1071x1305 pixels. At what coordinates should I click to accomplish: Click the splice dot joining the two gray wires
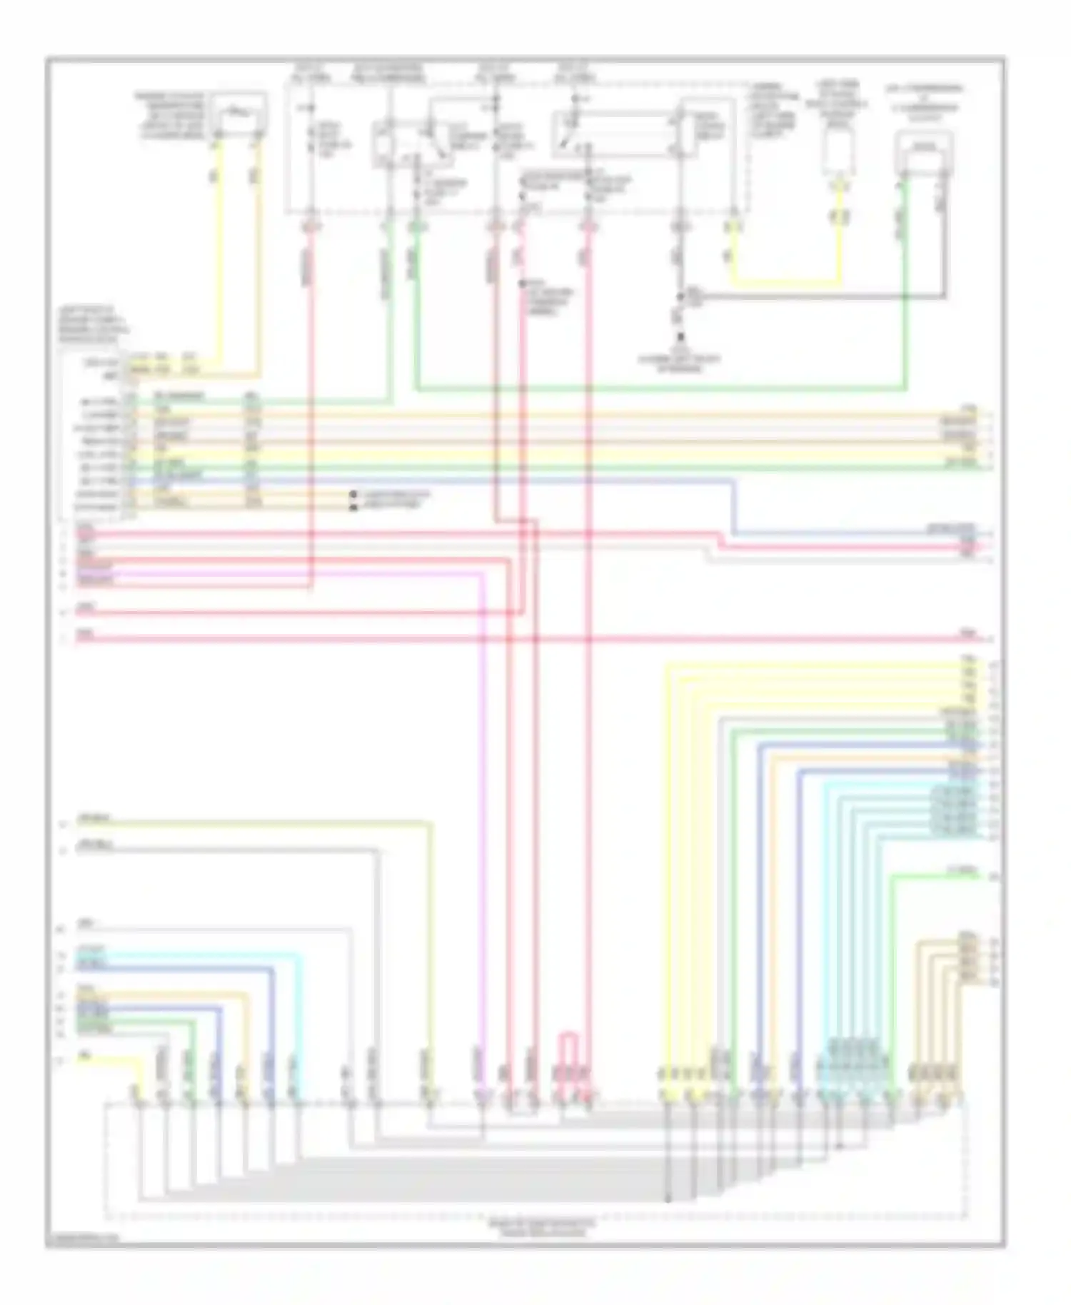pyautogui.click(x=682, y=295)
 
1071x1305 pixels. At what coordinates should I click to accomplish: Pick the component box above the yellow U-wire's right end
pyautogui.click(x=839, y=152)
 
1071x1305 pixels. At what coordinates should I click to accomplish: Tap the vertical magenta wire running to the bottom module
pyautogui.click(x=483, y=821)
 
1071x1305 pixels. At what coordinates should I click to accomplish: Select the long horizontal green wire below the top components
pyautogui.click(x=657, y=390)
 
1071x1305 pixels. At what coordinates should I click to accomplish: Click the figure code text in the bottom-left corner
pyautogui.click(x=82, y=1241)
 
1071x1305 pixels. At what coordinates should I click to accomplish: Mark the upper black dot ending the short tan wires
pyautogui.click(x=353, y=494)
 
